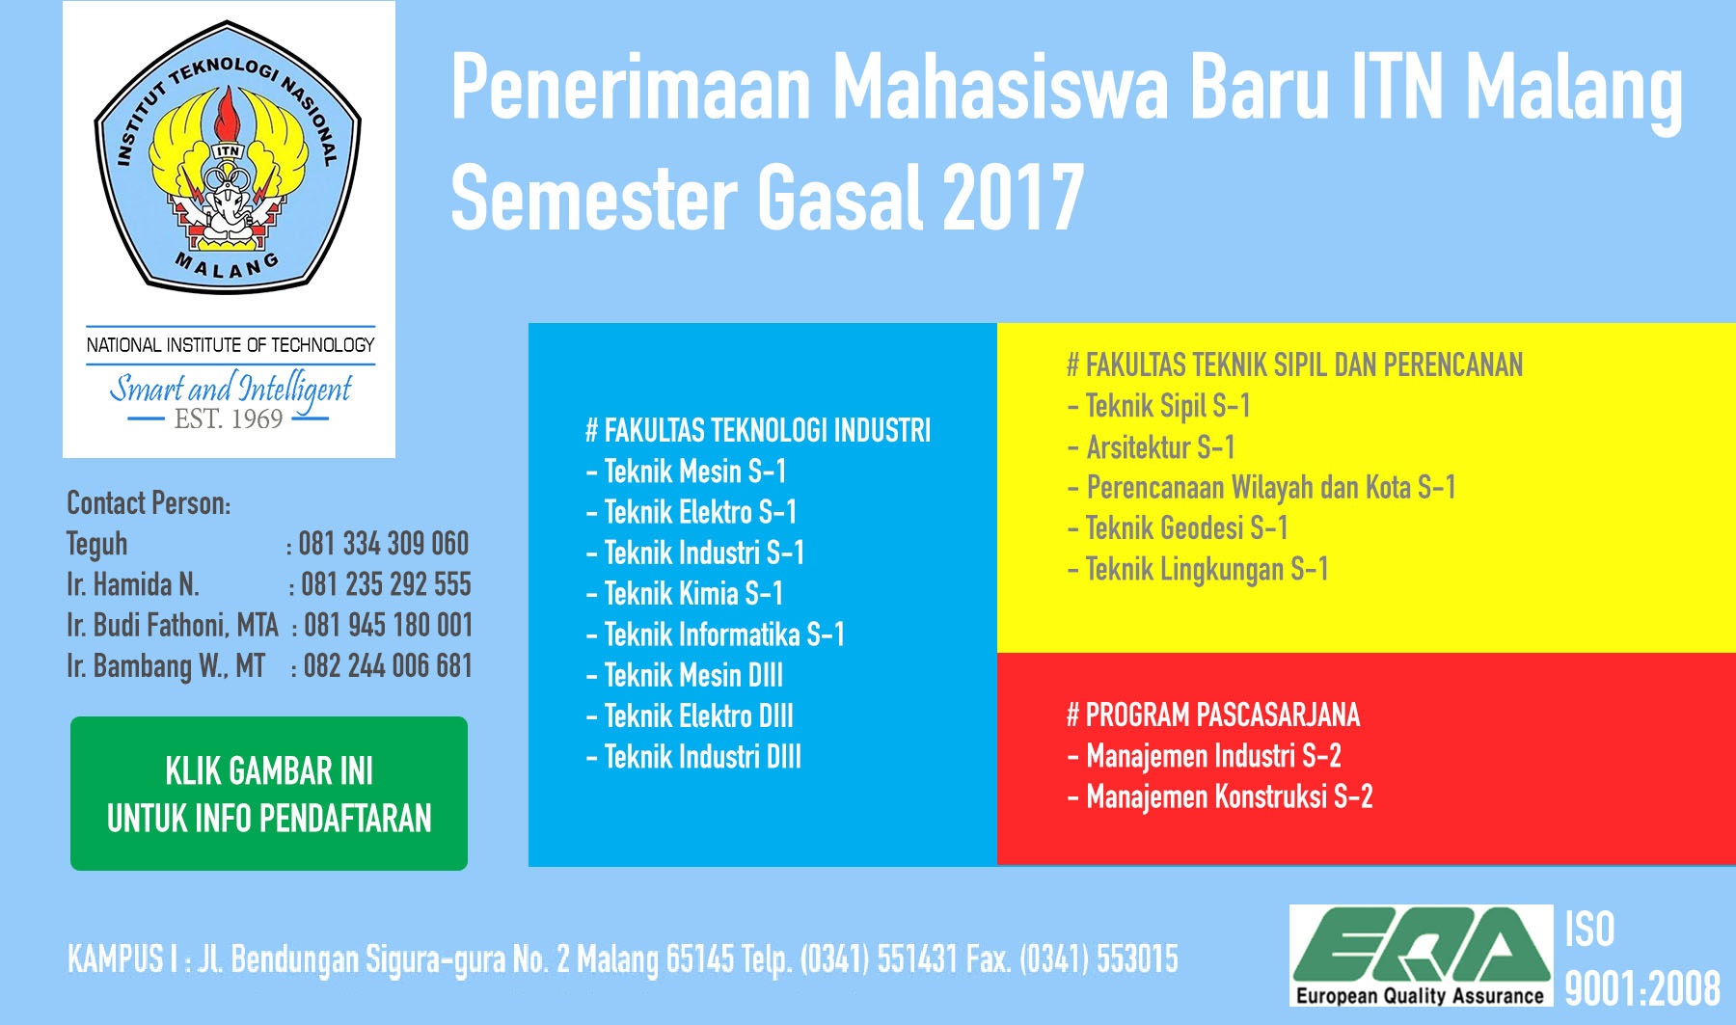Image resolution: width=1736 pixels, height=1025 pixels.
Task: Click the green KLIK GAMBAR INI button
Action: click(269, 794)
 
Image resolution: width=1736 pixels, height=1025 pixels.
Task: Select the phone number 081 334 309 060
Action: click(384, 544)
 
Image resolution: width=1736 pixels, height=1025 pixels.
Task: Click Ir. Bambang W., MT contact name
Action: click(166, 666)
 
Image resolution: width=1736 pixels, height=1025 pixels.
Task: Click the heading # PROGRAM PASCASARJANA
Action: click(1213, 715)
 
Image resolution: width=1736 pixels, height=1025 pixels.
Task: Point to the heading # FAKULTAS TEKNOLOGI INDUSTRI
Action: click(758, 430)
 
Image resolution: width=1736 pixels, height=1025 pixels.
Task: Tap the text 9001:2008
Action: click(1642, 988)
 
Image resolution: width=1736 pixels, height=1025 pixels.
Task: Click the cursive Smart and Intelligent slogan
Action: click(231, 390)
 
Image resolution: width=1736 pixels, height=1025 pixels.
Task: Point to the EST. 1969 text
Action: click(229, 418)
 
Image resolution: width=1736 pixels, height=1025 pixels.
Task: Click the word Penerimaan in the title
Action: click(632, 88)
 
